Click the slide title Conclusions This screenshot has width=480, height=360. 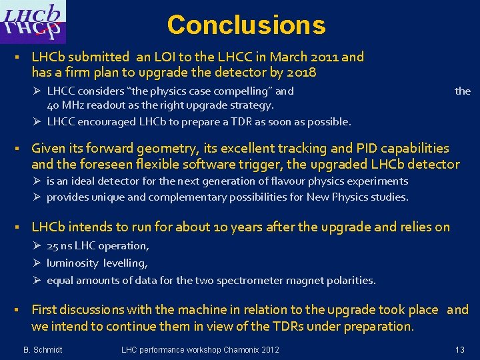pyautogui.click(x=246, y=25)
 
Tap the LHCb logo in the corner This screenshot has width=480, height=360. pyautogui.click(x=33, y=23)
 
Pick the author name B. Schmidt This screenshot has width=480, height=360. pyautogui.click(x=43, y=350)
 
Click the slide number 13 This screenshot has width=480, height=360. pyautogui.click(x=459, y=350)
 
